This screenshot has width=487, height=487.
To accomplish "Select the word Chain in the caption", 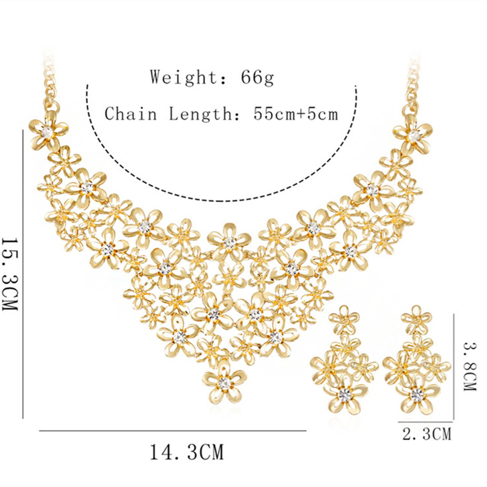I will tap(131, 114).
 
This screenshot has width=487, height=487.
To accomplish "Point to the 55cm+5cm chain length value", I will tap(296, 114).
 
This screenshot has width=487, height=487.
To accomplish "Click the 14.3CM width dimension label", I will tap(187, 452).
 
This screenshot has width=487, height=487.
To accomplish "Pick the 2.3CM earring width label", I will tap(427, 434).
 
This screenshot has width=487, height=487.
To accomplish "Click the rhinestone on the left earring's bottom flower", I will tap(345, 393).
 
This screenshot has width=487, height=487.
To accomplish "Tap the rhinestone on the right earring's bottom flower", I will tap(417, 393).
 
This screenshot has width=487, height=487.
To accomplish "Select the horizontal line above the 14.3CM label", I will tap(172, 430).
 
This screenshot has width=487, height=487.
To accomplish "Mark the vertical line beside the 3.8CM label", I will tap(454, 365).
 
